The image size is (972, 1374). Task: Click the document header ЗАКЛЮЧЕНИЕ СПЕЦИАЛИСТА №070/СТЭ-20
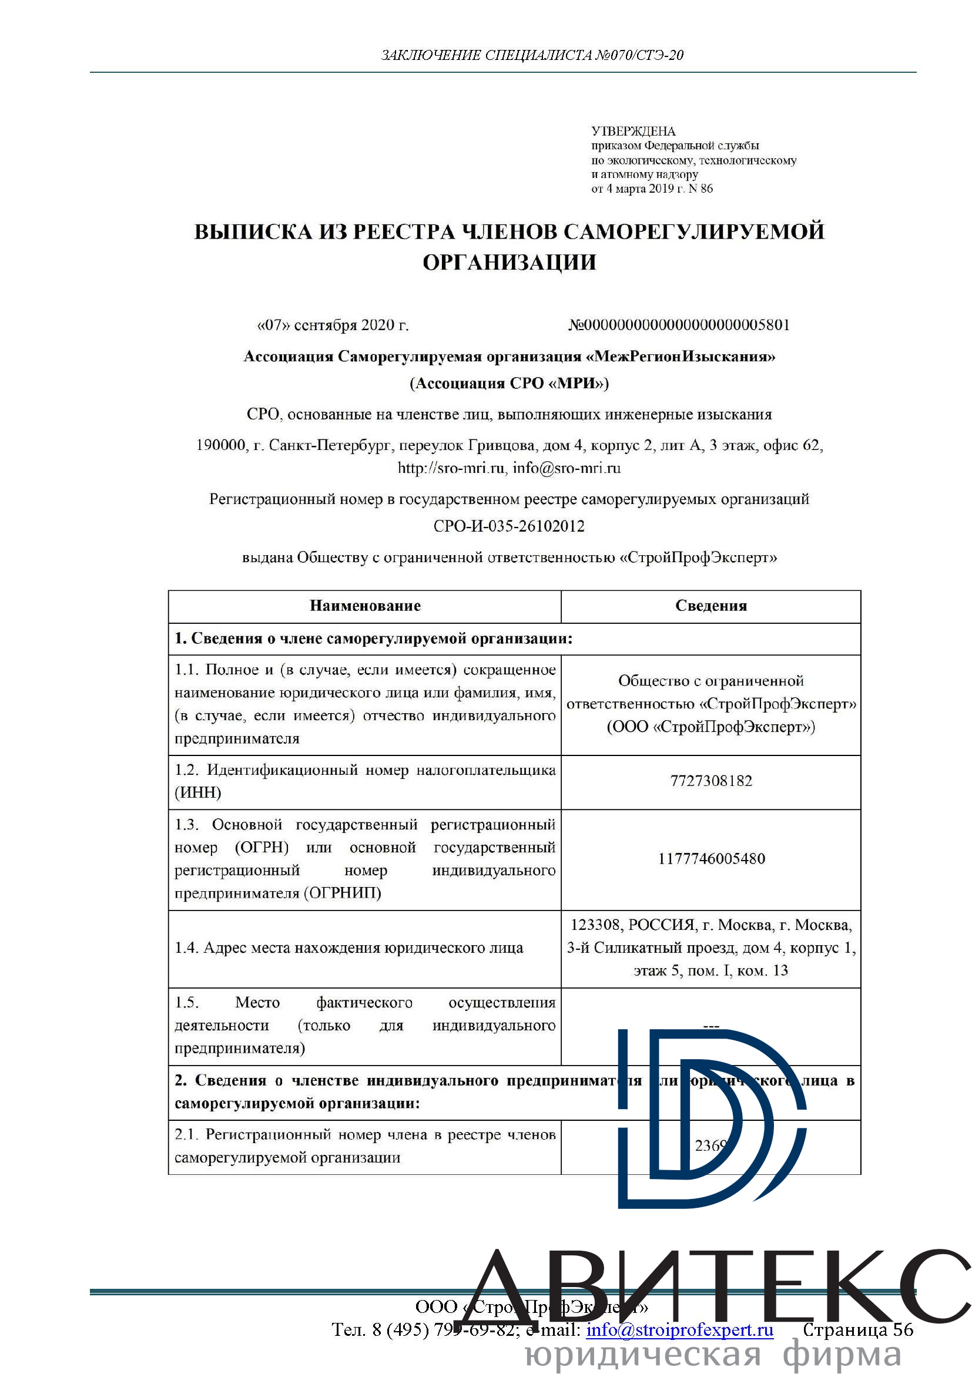pyautogui.click(x=532, y=55)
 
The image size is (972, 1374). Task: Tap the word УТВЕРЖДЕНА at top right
pyautogui.click(x=634, y=131)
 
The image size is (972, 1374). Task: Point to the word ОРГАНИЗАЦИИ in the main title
pyautogui.click(x=510, y=262)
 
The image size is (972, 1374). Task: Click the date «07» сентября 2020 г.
pyautogui.click(x=333, y=325)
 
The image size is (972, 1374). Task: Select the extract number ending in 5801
pyautogui.click(x=679, y=325)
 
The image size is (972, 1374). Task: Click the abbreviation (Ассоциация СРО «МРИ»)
pyautogui.click(x=510, y=383)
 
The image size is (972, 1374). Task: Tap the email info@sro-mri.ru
pyautogui.click(x=566, y=468)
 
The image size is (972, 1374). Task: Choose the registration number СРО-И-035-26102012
pyautogui.click(x=510, y=526)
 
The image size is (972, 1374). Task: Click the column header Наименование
pyautogui.click(x=365, y=606)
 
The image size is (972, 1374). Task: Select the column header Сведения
pyautogui.click(x=711, y=606)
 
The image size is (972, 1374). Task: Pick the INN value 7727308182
pyautogui.click(x=711, y=781)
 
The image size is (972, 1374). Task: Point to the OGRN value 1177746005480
pyautogui.click(x=711, y=859)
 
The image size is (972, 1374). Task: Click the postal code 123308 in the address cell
pyautogui.click(x=595, y=925)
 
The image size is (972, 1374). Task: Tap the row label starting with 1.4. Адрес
pyautogui.click(x=349, y=948)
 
